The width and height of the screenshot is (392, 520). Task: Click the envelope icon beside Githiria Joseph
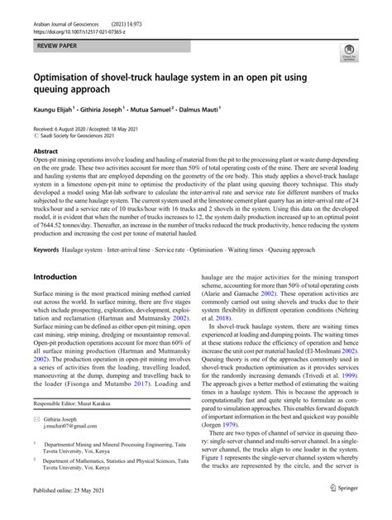point(38,419)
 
